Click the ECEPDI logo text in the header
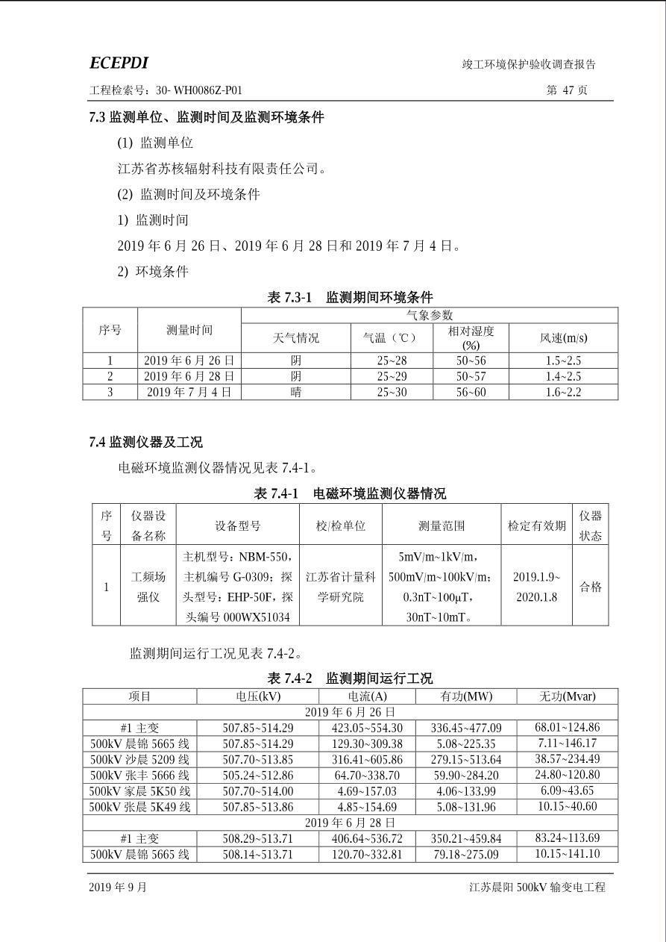(x=119, y=63)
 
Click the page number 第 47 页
(x=567, y=90)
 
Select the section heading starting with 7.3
(x=207, y=117)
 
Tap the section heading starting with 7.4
(x=145, y=443)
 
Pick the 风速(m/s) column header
(x=563, y=338)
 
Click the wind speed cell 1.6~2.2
(x=563, y=392)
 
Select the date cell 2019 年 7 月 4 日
(x=189, y=392)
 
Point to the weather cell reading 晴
(x=296, y=392)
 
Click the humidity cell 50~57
(x=471, y=376)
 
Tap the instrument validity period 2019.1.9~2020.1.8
(x=536, y=587)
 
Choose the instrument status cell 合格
(x=591, y=587)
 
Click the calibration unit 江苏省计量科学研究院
(x=341, y=587)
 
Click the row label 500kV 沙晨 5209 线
(x=140, y=759)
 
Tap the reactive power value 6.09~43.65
(x=567, y=790)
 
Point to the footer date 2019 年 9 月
(x=118, y=887)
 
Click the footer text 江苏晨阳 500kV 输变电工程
(x=537, y=887)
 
